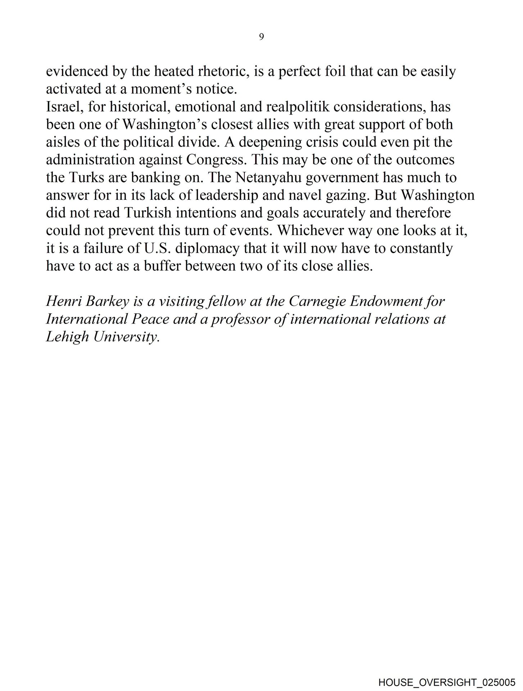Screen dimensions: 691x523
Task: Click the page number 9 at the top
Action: coord(261,37)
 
